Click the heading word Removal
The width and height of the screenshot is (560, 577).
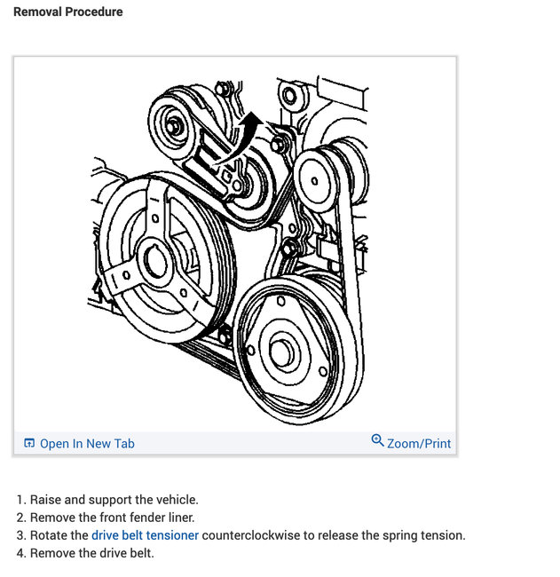[x=38, y=12]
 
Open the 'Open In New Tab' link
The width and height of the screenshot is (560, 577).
[x=87, y=443]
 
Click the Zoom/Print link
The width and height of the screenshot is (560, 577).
[x=419, y=443]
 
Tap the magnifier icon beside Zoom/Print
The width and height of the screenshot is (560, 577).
[x=377, y=441]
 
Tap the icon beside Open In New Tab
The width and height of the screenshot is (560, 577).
[x=29, y=443]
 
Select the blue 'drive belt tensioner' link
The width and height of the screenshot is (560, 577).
[x=145, y=535]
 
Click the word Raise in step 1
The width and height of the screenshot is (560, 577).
[x=48, y=500]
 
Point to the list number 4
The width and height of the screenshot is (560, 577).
[x=20, y=553]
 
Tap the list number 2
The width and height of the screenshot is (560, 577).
[x=20, y=518]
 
